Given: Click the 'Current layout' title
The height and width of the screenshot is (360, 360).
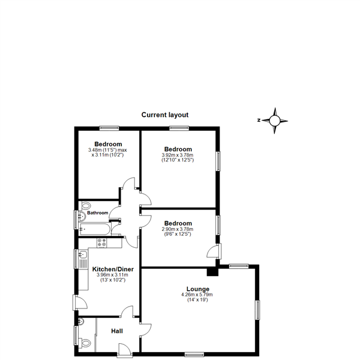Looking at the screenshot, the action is coord(165,115).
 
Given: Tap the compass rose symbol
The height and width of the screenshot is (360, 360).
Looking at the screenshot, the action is coord(275,121).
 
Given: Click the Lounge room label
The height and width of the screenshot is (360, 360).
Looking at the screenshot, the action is coord(197,289).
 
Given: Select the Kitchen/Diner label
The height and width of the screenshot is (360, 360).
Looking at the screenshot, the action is coord(113,269).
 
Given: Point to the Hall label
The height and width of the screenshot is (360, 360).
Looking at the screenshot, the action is coord(117,331).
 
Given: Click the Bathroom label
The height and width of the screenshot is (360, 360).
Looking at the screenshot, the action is coord(98,213).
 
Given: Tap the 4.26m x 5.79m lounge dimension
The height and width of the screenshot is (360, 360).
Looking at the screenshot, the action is coord(197,295).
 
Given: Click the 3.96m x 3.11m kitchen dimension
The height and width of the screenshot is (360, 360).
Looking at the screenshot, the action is coord(112,275).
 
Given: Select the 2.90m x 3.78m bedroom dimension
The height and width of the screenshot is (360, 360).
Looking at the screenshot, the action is coord(178,229).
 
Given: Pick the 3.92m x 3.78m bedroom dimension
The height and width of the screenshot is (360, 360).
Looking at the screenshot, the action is coord(178,155).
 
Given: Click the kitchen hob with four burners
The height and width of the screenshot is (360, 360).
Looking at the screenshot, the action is coord(102,243).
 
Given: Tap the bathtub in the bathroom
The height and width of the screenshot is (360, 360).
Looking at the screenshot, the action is coord(95,229).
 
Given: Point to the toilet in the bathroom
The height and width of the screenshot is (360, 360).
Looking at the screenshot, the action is coord(85,205).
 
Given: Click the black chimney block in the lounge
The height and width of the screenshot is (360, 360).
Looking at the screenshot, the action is coord(212,272).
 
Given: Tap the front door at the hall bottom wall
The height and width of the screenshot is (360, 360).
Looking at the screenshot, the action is coord(124,350).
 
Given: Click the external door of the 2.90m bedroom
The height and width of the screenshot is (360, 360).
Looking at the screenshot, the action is coord(214,251).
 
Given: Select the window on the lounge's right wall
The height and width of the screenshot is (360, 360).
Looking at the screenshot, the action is coord(258,310).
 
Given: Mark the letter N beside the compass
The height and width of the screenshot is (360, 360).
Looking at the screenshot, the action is coord(259,120).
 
